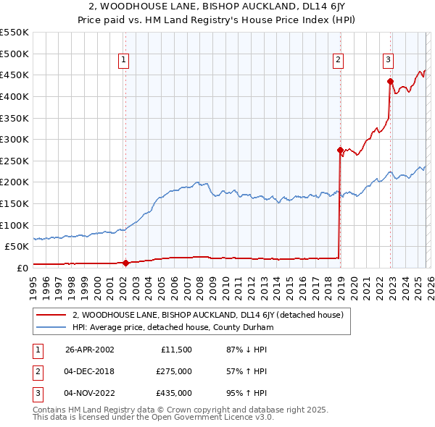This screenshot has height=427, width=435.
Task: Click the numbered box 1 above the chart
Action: [124, 60]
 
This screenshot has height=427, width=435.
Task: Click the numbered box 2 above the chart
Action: [338, 60]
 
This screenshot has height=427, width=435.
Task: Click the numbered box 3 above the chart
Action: [389, 60]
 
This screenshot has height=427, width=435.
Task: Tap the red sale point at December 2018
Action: [340, 151]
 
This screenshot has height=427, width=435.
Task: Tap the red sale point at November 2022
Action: [390, 82]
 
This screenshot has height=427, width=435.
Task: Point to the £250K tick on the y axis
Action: [14, 161]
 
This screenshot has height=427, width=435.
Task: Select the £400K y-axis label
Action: [14, 96]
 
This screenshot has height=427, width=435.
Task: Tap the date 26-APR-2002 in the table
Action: [90, 350]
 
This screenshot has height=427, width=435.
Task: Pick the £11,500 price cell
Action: [176, 350]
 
